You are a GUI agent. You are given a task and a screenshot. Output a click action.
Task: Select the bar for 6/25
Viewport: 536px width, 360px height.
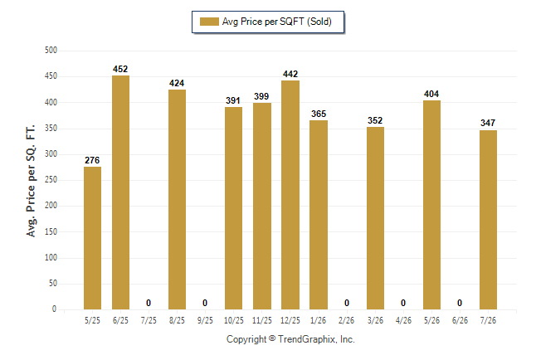click(x=120, y=192)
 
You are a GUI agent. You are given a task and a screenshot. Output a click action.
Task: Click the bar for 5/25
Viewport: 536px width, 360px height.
click(x=92, y=238)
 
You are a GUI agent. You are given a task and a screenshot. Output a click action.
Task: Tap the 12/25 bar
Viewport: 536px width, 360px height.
click(x=290, y=195)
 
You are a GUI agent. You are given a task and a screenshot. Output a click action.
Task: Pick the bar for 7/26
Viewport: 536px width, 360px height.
click(x=488, y=220)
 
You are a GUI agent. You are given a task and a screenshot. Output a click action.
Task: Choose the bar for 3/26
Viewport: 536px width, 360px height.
click(x=375, y=218)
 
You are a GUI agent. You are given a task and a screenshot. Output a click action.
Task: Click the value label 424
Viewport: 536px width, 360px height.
click(x=177, y=83)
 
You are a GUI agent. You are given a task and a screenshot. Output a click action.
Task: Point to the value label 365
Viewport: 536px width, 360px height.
click(x=319, y=114)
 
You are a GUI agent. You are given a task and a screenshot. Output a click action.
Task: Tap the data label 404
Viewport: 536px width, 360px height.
click(x=431, y=94)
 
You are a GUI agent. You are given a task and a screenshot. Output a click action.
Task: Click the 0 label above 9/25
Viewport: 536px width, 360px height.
click(x=205, y=303)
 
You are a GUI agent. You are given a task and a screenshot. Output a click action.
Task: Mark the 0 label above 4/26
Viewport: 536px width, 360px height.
click(x=403, y=303)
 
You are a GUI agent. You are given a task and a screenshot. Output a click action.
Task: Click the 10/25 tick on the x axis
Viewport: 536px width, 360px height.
click(x=234, y=320)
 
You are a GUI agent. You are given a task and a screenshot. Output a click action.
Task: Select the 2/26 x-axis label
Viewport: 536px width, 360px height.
click(x=346, y=320)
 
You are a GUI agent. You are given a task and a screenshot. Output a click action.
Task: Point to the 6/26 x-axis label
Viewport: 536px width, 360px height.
click(x=460, y=320)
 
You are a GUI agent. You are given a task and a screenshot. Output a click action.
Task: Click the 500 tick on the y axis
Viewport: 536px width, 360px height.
click(x=51, y=51)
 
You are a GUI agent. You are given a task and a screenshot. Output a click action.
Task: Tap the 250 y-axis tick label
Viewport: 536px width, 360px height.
click(x=51, y=179)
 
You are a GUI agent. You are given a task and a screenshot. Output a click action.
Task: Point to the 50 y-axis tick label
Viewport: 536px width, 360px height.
click(x=53, y=283)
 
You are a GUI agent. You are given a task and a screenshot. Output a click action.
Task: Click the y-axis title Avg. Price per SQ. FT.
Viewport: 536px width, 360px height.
click(x=31, y=181)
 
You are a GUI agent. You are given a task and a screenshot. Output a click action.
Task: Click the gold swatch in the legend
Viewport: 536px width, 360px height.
click(x=209, y=22)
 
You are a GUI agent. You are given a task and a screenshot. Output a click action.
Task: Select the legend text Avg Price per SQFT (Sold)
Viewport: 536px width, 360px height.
click(x=277, y=22)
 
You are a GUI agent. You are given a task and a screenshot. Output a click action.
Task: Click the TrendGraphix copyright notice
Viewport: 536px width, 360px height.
click(x=290, y=339)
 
